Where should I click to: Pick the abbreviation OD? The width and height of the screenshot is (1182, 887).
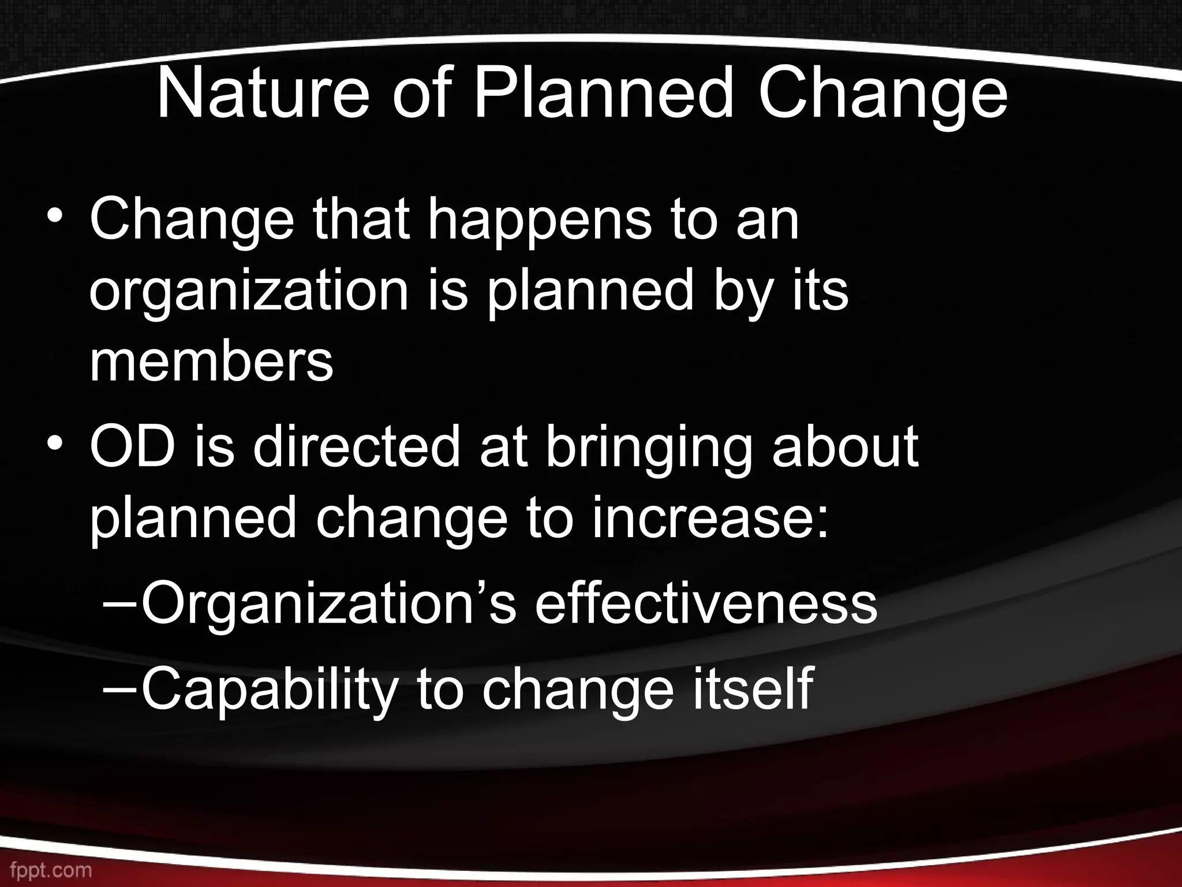[132, 448]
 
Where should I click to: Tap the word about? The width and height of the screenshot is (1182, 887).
[845, 448]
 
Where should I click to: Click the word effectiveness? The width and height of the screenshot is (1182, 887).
[705, 604]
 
